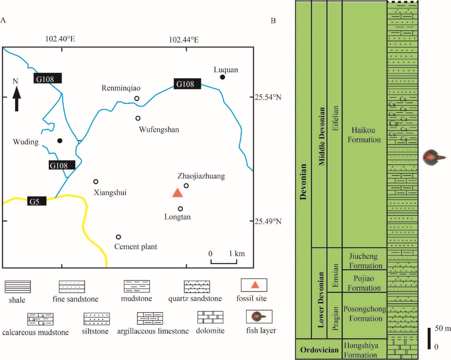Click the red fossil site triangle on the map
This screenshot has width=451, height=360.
[177, 193]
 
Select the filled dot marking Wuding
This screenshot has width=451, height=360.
[60, 141]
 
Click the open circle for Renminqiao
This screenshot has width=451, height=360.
[137, 98]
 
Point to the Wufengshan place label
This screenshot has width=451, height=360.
[159, 129]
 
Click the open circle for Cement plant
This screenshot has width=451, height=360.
[118, 237]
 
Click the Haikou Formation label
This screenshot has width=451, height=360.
[364, 135]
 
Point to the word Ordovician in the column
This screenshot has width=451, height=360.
[319, 350]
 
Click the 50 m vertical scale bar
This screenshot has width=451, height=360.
[429, 338]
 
